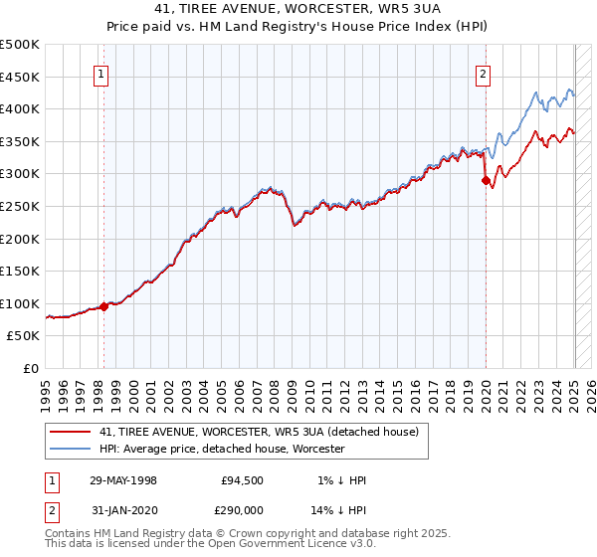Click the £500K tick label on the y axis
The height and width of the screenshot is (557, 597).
[x=20, y=45]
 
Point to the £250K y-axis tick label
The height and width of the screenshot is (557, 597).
[x=20, y=206]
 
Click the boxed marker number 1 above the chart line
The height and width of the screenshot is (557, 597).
[x=103, y=73]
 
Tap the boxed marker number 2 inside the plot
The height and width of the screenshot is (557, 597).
[x=484, y=73]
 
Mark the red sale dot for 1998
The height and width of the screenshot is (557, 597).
[x=103, y=306]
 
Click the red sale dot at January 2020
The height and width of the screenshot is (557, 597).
[x=486, y=181]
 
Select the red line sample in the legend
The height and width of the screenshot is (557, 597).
[x=71, y=432]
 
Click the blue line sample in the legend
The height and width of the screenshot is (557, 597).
[x=71, y=449]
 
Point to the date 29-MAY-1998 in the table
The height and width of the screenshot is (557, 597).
[x=122, y=480]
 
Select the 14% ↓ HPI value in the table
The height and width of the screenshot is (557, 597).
[x=339, y=508]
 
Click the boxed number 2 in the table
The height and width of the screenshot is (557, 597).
[x=52, y=508]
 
